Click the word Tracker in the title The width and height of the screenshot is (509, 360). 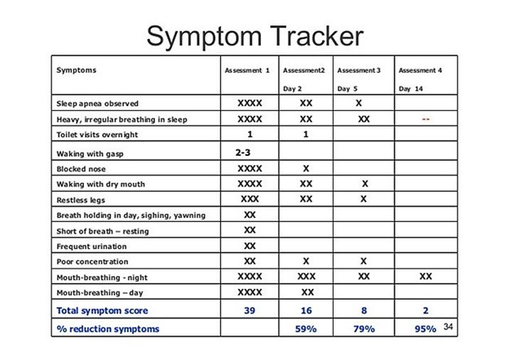point(316,36)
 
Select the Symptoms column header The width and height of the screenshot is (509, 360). point(77,70)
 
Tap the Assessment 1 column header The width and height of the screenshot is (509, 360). point(247,70)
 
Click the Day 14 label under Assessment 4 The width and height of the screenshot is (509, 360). point(410,89)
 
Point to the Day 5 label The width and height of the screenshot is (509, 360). point(347,89)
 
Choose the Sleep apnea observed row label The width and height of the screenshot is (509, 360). point(97,104)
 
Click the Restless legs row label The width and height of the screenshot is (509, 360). point(81,200)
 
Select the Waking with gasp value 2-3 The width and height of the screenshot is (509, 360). point(243,153)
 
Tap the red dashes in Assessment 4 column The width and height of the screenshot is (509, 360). point(426,119)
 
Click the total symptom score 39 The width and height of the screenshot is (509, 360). point(250,311)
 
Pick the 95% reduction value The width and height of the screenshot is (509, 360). point(425,329)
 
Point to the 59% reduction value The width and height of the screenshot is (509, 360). point(306,329)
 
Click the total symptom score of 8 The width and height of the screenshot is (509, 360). point(364,311)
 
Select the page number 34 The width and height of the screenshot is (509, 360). point(448,327)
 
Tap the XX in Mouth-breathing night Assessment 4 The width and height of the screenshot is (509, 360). point(426,277)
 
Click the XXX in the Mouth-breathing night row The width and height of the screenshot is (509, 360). point(307,277)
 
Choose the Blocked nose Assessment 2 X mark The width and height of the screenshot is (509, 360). point(306,169)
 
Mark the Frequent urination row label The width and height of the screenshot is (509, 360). point(91,247)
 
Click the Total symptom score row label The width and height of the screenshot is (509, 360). point(102,311)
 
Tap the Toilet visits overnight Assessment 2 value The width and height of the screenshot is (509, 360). point(305,134)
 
